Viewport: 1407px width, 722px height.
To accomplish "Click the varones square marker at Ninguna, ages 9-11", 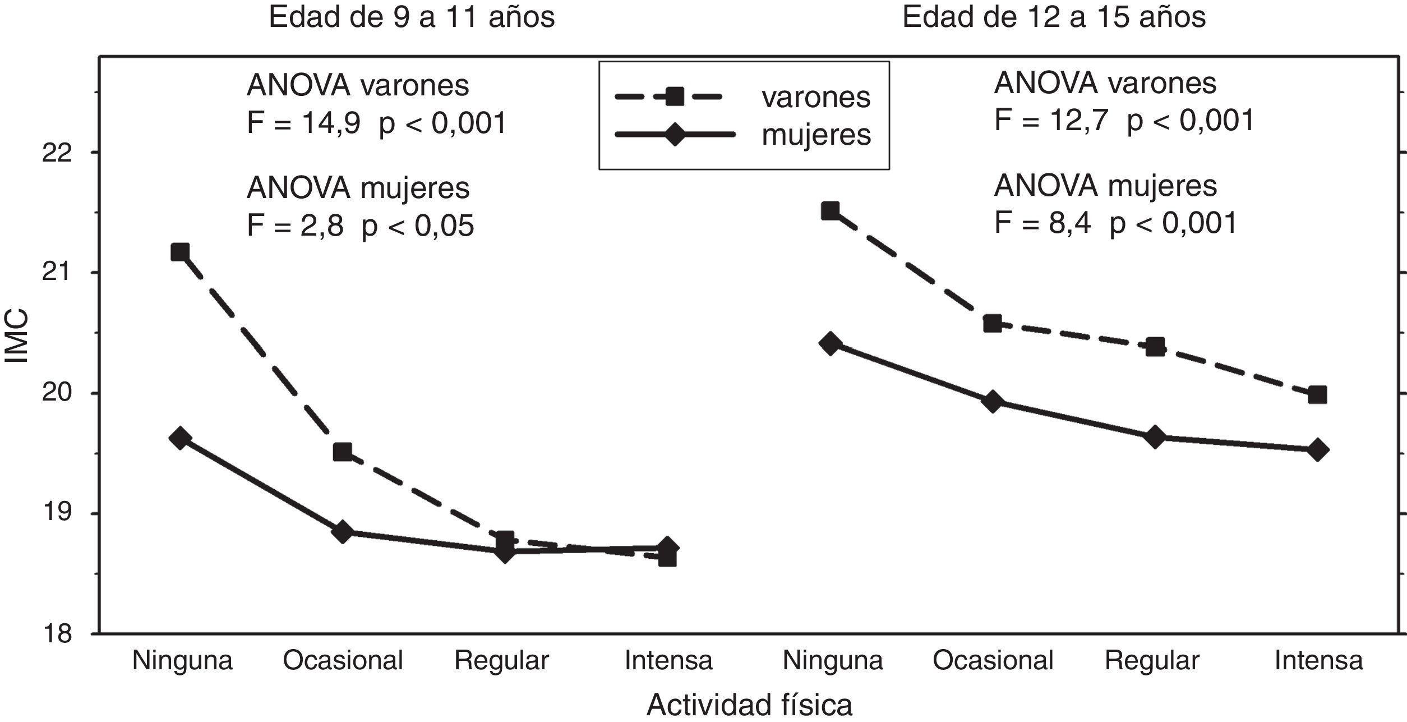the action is pos(180,252).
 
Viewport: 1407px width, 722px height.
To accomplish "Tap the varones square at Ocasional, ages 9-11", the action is pos(343,452).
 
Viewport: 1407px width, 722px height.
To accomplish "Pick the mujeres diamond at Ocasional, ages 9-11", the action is pos(343,531).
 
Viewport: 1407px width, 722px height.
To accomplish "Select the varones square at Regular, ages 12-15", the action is pos(1155,347).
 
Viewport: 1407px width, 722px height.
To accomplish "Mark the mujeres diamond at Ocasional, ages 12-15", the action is pos(993,402).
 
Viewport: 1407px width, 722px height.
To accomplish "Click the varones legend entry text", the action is pos(816,98).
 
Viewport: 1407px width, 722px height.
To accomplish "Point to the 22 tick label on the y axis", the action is pos(57,153).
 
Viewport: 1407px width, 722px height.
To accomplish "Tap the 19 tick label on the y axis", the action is pos(57,513).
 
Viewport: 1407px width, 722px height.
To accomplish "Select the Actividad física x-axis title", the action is pos(749,705).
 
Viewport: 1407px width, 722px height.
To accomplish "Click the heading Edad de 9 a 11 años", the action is pos(412,17).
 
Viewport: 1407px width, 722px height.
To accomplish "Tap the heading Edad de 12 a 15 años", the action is pos(1054,17).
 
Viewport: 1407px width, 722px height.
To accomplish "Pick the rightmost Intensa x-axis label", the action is pos(1318,660).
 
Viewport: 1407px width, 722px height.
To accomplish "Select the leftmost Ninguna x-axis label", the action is pos(182,660).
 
